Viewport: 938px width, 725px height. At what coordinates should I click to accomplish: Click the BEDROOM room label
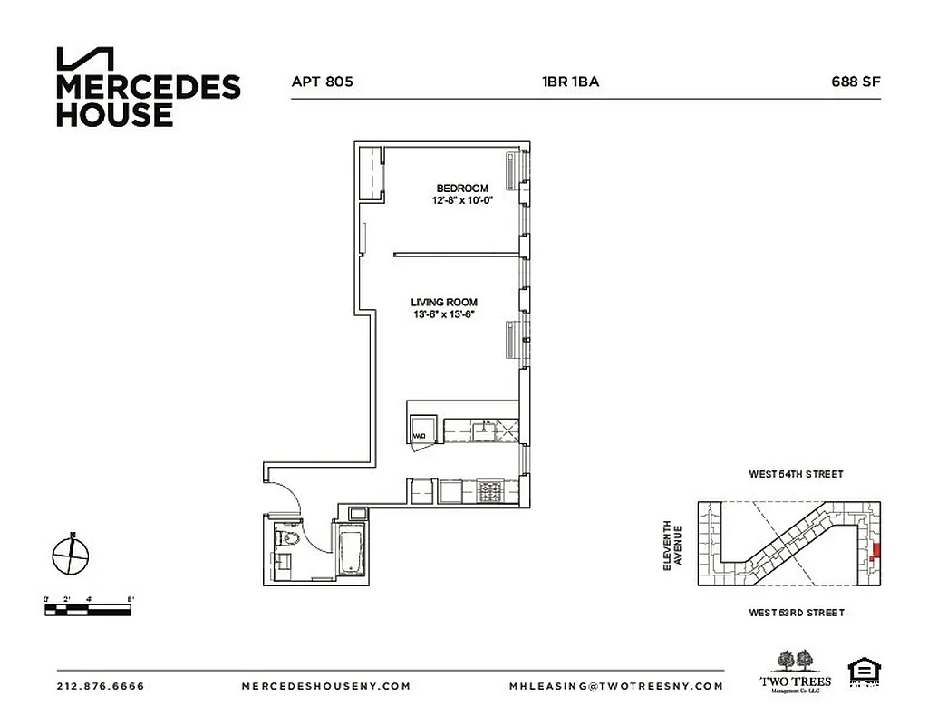[x=462, y=188]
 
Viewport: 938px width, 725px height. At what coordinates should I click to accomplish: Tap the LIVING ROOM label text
[x=444, y=303]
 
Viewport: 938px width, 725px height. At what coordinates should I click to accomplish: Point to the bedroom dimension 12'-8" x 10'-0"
[x=462, y=201]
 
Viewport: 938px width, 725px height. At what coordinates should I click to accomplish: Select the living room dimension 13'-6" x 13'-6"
[x=444, y=315]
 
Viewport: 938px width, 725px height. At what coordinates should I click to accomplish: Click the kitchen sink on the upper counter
[x=485, y=428]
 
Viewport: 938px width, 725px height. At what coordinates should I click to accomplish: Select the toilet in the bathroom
[x=288, y=540]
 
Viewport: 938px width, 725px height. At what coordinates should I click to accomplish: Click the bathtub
[x=350, y=549]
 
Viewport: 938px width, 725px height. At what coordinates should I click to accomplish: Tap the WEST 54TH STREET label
[x=796, y=474]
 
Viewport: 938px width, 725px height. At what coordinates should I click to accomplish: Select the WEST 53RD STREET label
[x=796, y=614]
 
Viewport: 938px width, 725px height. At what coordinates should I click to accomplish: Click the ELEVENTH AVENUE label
[x=672, y=545]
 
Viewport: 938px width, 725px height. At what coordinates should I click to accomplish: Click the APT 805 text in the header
[x=322, y=82]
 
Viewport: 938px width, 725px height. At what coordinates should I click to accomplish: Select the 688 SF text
[x=856, y=82]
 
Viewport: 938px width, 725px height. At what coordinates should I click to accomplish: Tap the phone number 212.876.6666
[x=100, y=686]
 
